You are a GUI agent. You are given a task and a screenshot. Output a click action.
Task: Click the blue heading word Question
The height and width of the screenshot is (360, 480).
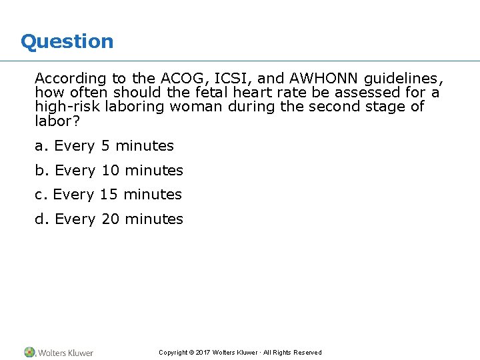pos(67,41)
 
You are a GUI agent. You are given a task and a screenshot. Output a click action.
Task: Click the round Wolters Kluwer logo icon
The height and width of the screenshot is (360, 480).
pos(29,352)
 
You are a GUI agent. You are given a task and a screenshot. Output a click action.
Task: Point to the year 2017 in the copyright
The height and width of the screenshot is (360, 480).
pos(202,353)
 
